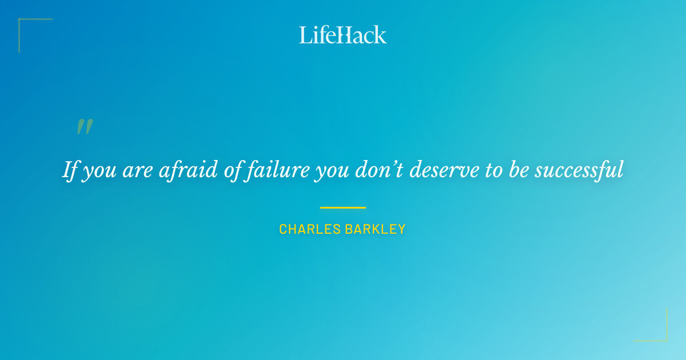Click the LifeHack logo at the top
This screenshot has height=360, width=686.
click(x=343, y=35)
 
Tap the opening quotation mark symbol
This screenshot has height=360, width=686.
click(x=85, y=126)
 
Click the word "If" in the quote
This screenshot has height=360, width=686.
click(x=70, y=170)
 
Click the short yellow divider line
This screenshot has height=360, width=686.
click(x=342, y=207)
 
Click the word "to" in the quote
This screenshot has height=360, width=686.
click(x=493, y=170)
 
